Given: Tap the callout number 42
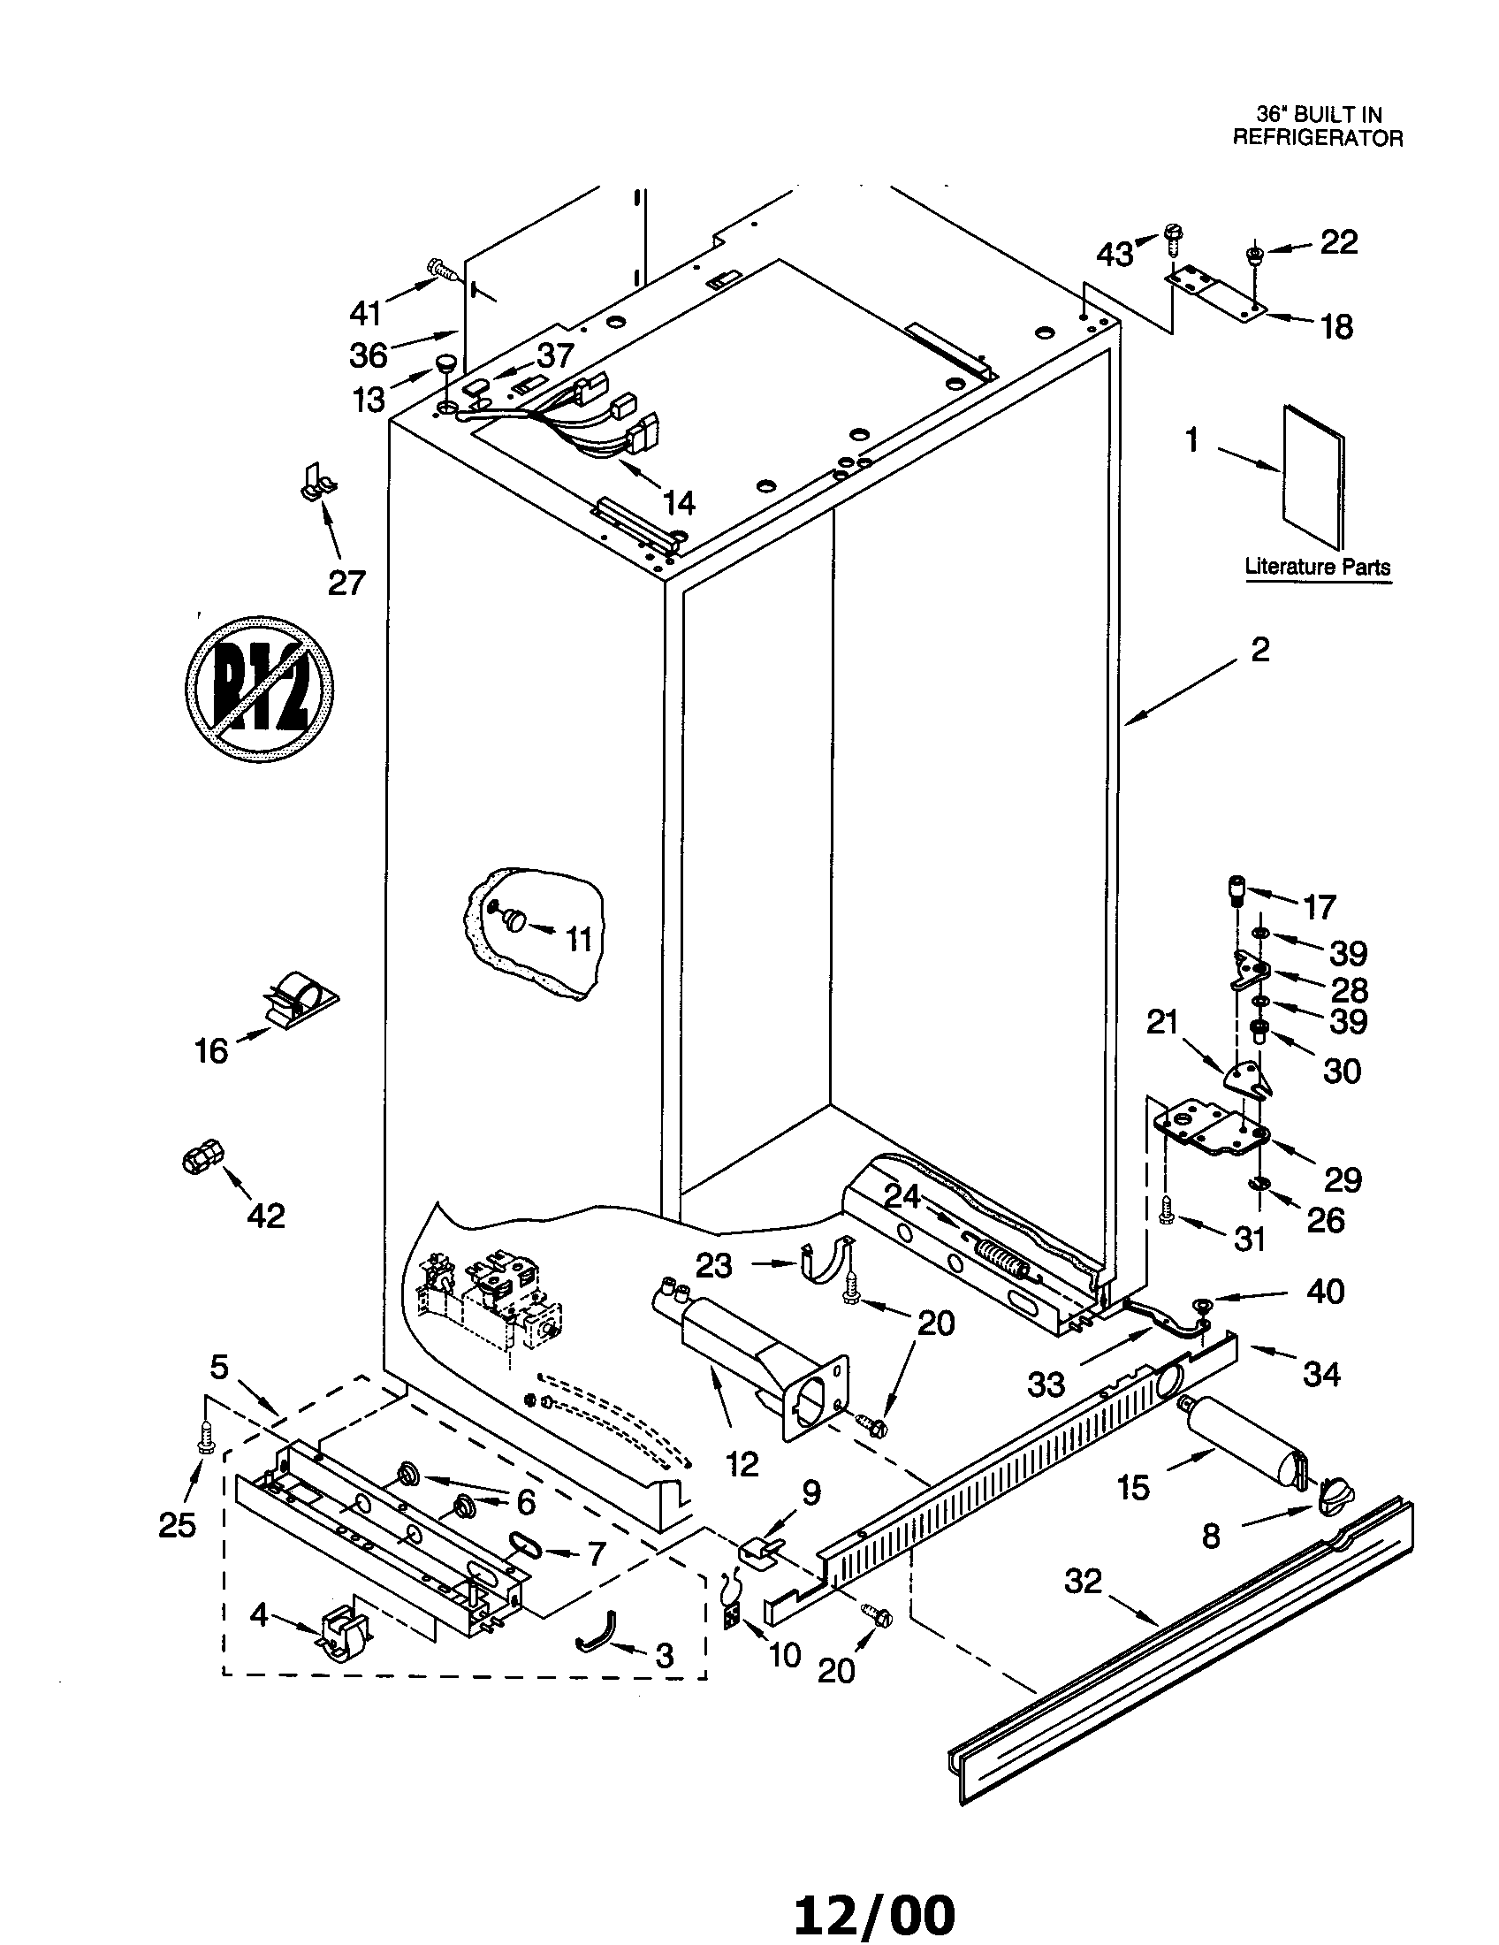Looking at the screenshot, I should pyautogui.click(x=265, y=1215).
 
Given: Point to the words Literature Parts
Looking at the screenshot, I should pyautogui.click(x=1317, y=566).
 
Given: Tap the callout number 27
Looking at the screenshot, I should pyautogui.click(x=346, y=583).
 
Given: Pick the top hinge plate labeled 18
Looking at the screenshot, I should pyautogui.click(x=1214, y=293).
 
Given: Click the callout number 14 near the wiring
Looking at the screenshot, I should pyautogui.click(x=678, y=503).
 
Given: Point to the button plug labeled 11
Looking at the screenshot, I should pyautogui.click(x=514, y=919).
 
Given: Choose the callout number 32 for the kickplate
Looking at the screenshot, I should pyautogui.click(x=1083, y=1582).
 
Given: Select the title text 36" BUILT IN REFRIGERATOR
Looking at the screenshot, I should pyautogui.click(x=1318, y=126).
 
